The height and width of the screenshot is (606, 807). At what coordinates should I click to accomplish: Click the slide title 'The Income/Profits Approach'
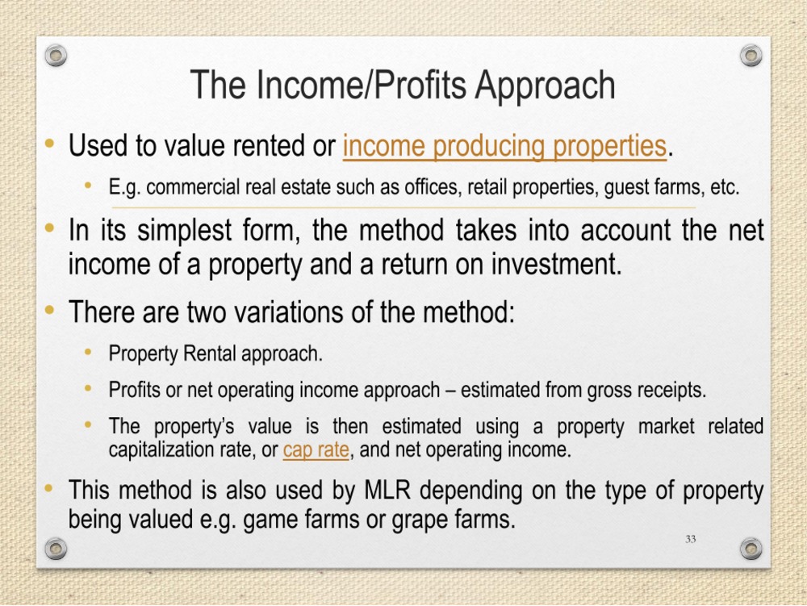click(403, 86)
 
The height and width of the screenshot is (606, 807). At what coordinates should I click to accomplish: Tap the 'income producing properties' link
click(505, 146)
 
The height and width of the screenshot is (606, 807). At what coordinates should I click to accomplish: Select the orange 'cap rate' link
click(316, 449)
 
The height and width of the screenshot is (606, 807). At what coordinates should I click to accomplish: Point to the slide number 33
click(691, 539)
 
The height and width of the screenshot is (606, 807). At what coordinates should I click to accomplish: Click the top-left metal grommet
click(56, 55)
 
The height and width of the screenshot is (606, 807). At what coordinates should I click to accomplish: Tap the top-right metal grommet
click(751, 55)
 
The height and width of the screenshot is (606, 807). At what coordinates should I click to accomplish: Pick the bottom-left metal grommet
click(56, 549)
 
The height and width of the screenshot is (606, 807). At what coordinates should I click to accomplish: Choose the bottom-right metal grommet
click(751, 549)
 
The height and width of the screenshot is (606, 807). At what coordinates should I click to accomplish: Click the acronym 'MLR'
click(387, 490)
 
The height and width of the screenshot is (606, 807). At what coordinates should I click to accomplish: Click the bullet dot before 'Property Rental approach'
click(88, 353)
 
